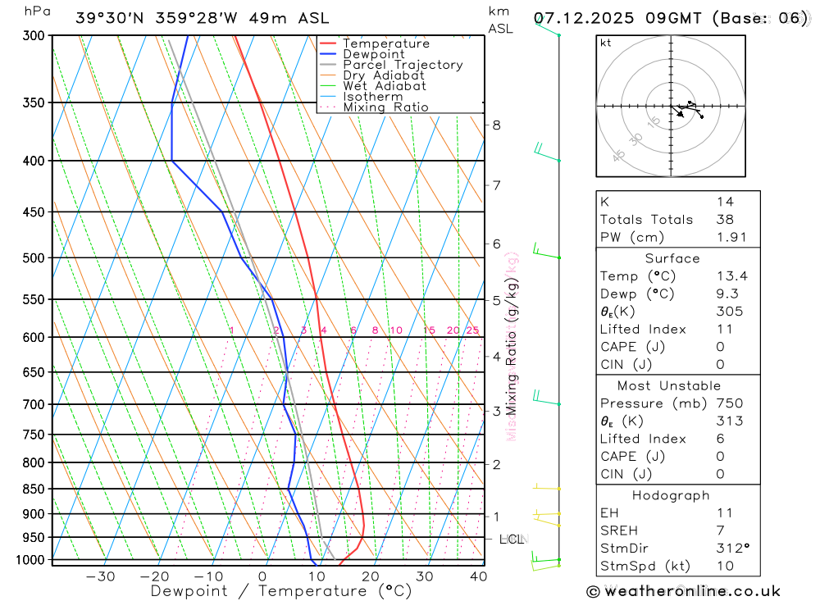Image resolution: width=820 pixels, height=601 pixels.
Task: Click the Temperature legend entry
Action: coord(385,43)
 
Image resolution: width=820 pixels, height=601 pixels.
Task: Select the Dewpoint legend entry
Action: coord(374,54)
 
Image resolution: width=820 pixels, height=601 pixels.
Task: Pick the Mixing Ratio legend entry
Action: coord(385,107)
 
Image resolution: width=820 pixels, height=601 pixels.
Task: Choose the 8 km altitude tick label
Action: coord(497,125)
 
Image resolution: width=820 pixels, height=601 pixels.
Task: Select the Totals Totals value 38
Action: coord(724,219)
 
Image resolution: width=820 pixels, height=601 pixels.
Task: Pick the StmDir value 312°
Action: coord(731,548)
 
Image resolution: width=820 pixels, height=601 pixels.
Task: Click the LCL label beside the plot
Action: coord(511,540)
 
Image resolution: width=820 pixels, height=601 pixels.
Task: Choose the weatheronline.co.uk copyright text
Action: coord(683,591)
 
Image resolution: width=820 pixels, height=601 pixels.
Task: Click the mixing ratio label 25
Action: coord(472,330)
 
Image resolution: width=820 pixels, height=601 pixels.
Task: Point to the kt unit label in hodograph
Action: coord(605,43)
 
